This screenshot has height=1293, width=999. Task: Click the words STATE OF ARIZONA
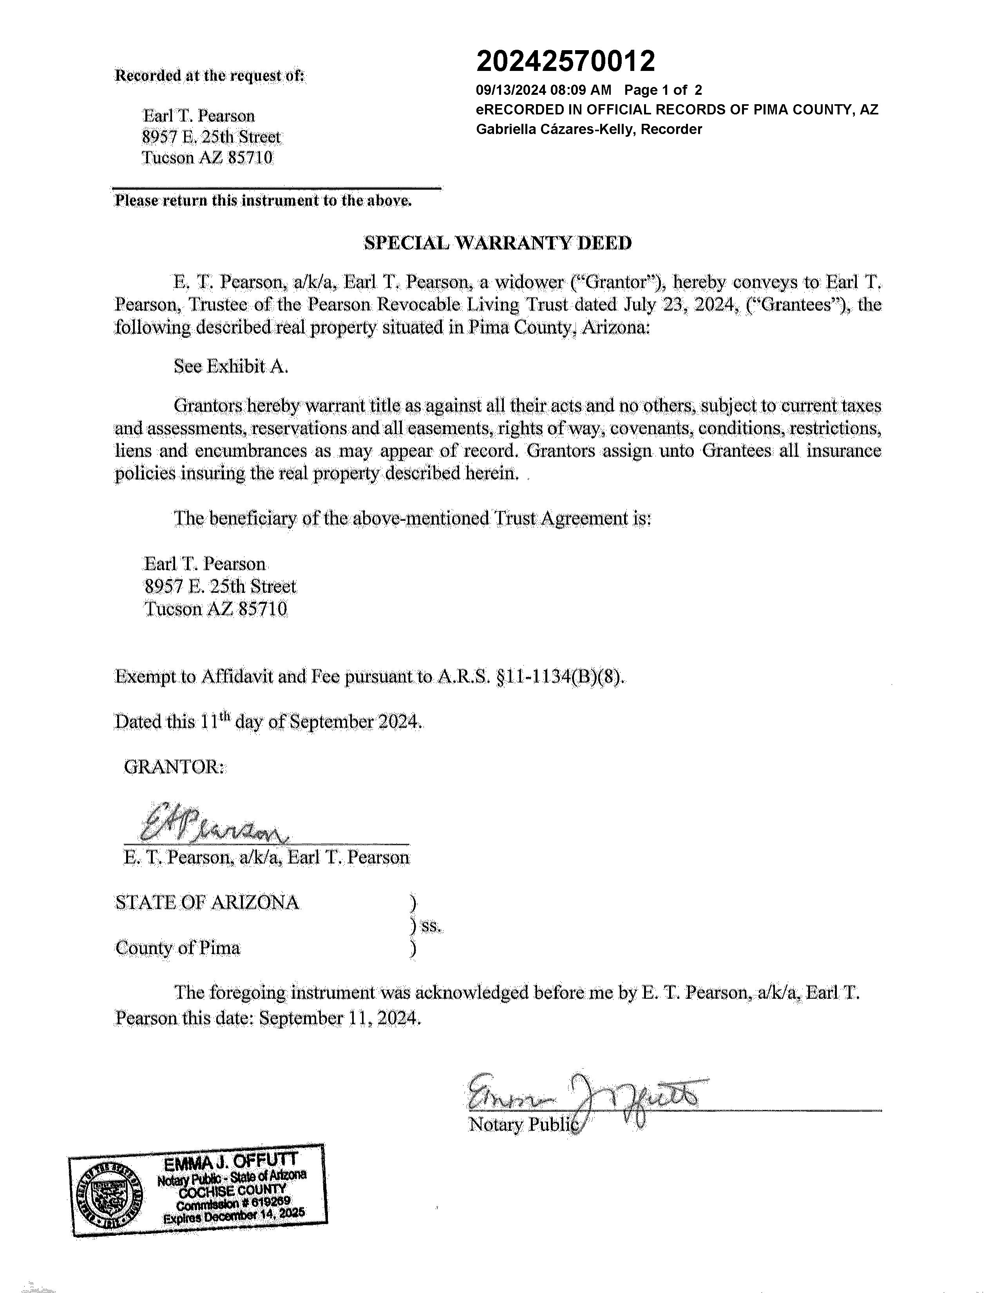pos(207,903)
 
